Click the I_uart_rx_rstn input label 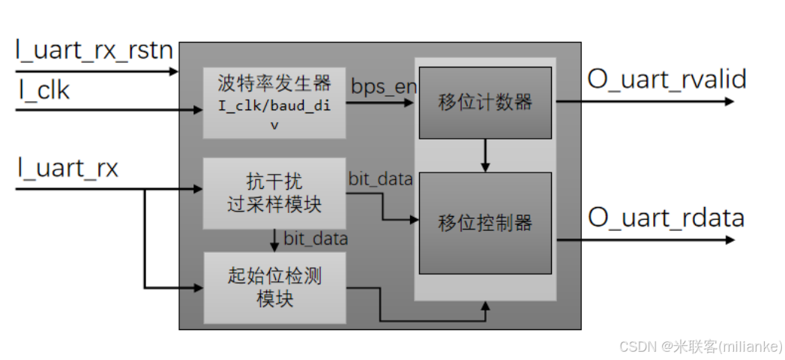tap(94, 51)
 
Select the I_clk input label tap(44, 91)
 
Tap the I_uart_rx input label tap(68, 168)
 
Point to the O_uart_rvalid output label tap(667, 79)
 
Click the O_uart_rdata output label tap(666, 218)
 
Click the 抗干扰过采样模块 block tap(274, 193)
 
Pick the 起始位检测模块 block tap(274, 286)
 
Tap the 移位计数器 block tap(485, 103)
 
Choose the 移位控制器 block tap(485, 223)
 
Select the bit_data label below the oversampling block tap(315, 239)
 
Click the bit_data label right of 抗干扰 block tap(380, 178)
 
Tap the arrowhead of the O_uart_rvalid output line tap(730, 101)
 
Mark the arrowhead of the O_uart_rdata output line tap(730, 240)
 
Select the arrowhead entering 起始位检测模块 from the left tap(199, 287)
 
